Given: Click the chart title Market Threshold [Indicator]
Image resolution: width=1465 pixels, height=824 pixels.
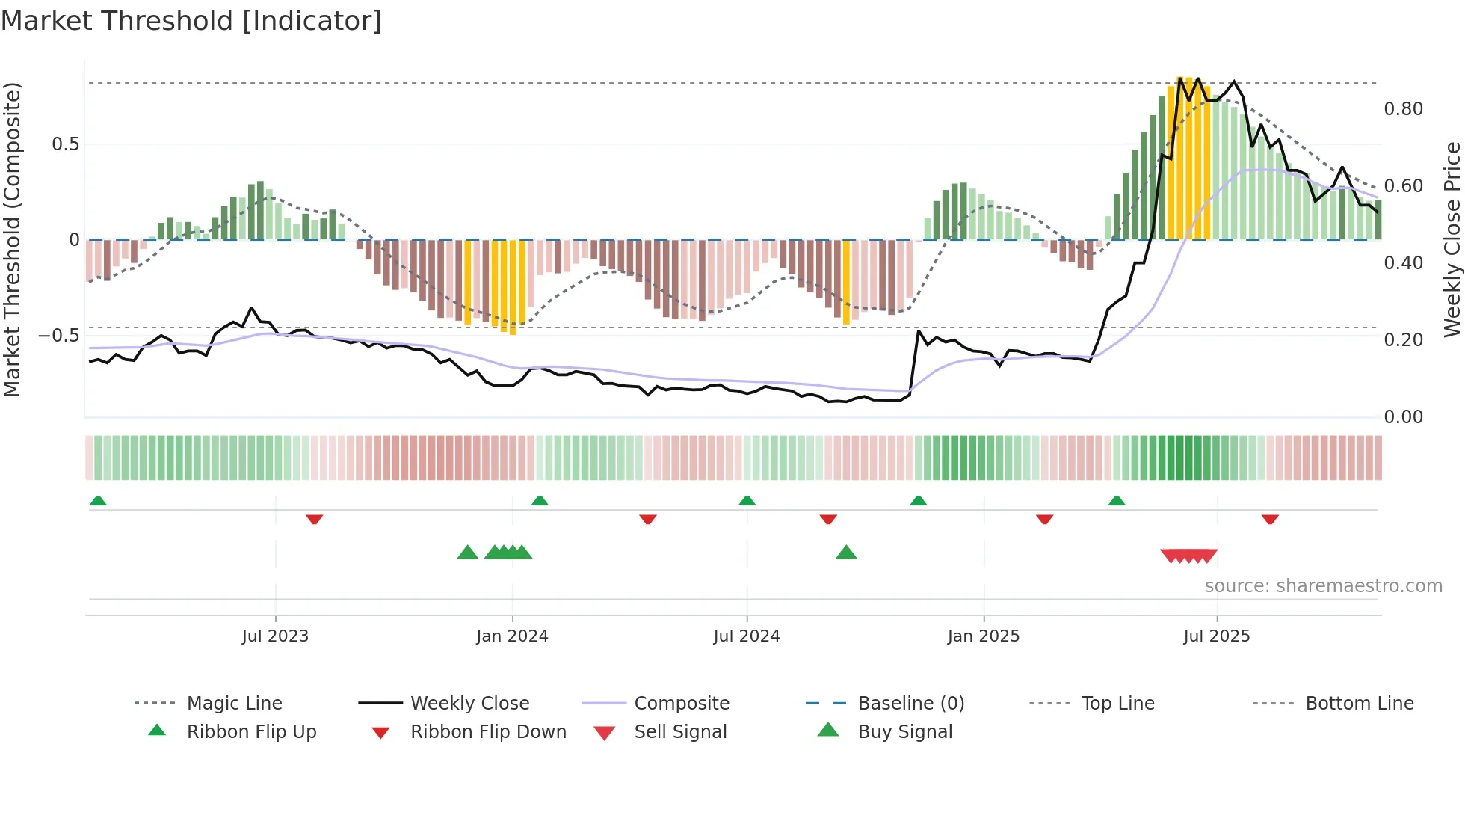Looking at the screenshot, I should pyautogui.click(x=191, y=21).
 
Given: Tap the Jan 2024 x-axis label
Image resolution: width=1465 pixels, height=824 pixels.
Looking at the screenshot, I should pyautogui.click(x=512, y=636).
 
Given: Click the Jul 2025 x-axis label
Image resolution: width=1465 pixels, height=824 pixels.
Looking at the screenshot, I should pyautogui.click(x=1216, y=636).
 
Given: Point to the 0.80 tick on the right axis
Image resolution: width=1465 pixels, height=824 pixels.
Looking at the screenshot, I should pyautogui.click(x=1403, y=109).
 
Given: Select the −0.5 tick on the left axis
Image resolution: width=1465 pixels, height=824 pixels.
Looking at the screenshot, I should pyautogui.click(x=58, y=336).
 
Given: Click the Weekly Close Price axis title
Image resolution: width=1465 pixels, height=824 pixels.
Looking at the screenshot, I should pyautogui.click(x=1452, y=239).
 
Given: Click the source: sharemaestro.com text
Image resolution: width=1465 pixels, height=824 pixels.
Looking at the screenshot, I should pyautogui.click(x=1323, y=586).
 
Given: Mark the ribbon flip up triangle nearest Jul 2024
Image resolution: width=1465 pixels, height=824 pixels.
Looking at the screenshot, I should pyautogui.click(x=747, y=501).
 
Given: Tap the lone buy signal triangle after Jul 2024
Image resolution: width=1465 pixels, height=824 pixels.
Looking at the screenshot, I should pyautogui.click(x=846, y=553).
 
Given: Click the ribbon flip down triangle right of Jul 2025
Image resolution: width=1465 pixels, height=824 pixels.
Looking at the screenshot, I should pyautogui.click(x=1270, y=519).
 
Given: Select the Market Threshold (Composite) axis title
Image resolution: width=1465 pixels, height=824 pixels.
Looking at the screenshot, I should pyautogui.click(x=12, y=239).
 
